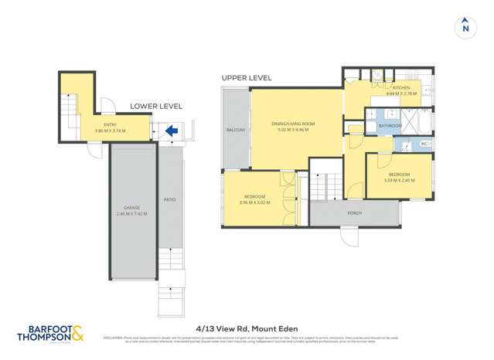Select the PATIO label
(169, 200)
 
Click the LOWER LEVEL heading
(151, 106)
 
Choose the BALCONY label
(236, 130)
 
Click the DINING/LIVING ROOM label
(293, 124)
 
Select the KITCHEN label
(402, 88)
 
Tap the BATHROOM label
(390, 125)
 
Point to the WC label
(424, 144)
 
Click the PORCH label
(355, 212)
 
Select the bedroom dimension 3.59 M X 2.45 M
(400, 180)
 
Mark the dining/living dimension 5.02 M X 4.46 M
(293, 130)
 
